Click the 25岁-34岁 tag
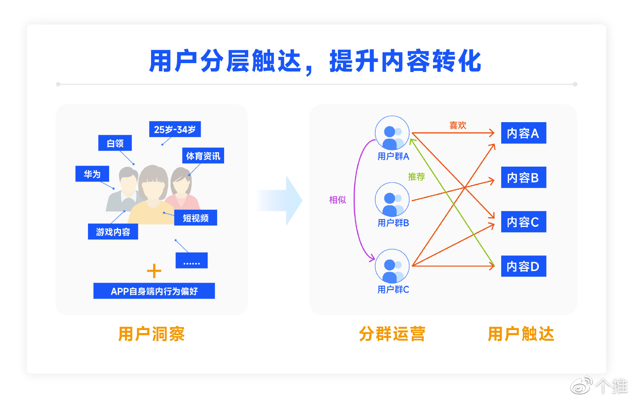(175, 130)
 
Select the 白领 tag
(115, 143)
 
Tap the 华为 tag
(92, 174)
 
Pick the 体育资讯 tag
(203, 156)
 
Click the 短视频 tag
(196, 218)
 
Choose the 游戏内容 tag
(113, 232)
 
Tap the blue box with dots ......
(191, 261)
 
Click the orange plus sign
(154, 271)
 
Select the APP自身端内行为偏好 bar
(154, 291)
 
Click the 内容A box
(523, 133)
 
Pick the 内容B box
(523, 177)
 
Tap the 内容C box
(523, 222)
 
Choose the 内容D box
(523, 266)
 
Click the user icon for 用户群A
(392, 133)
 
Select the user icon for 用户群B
(392, 200)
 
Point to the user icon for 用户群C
(392, 266)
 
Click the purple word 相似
(338, 200)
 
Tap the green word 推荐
(416, 177)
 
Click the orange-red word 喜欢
(457, 125)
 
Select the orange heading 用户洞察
(151, 334)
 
